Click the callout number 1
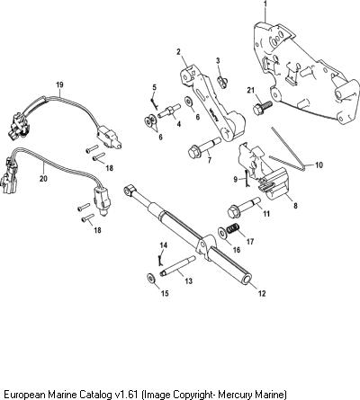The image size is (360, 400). [265, 4]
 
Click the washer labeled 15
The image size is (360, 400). [150, 278]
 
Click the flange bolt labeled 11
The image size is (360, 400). [244, 207]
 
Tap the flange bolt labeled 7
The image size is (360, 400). [205, 147]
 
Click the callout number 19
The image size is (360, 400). [59, 84]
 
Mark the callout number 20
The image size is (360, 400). [44, 179]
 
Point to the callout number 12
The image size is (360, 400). [262, 293]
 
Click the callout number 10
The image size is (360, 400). [319, 164]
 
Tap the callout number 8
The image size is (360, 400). [295, 206]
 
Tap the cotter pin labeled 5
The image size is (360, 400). [153, 100]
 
